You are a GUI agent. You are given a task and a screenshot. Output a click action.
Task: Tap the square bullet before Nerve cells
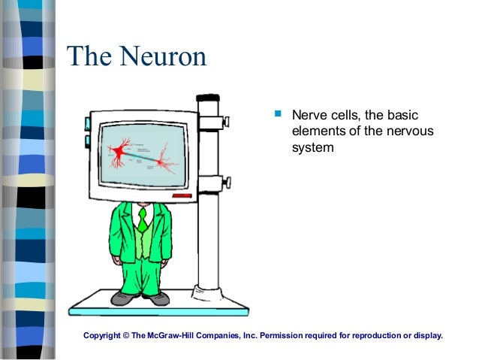pos(277,115)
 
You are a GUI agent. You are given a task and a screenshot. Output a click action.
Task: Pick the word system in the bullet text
pos(312,148)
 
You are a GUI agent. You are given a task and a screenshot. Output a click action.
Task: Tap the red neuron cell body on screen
pos(119,153)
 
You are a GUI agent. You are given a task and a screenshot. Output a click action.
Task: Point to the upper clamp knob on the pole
pos(224,121)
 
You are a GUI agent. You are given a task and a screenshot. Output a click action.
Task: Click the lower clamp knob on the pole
pos(224,182)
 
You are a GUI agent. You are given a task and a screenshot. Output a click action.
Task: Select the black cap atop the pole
pos(208,98)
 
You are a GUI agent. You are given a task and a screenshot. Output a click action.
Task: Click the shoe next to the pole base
pos(158,298)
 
